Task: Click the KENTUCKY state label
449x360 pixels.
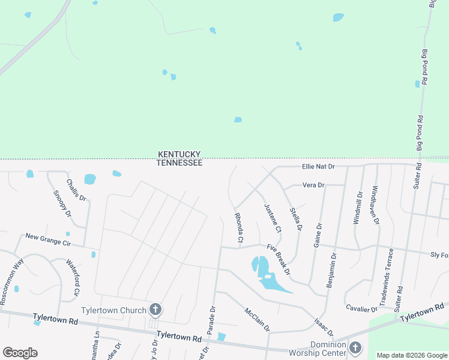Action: click(x=179, y=154)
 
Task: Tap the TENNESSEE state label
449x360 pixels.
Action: click(x=179, y=163)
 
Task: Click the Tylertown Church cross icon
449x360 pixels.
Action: click(x=155, y=310)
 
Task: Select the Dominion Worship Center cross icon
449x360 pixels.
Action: click(x=355, y=347)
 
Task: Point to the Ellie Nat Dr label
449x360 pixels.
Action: click(x=318, y=166)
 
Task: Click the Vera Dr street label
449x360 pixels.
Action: click(x=313, y=185)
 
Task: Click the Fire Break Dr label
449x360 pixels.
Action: click(x=279, y=259)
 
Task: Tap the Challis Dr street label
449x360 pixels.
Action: click(x=76, y=190)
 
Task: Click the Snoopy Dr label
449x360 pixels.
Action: click(x=62, y=203)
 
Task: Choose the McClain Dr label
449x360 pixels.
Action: click(x=258, y=320)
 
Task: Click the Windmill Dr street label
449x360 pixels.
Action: click(x=358, y=208)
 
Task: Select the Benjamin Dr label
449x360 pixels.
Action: click(x=331, y=270)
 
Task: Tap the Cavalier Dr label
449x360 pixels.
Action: click(x=361, y=309)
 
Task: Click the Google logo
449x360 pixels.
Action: click(x=20, y=353)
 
